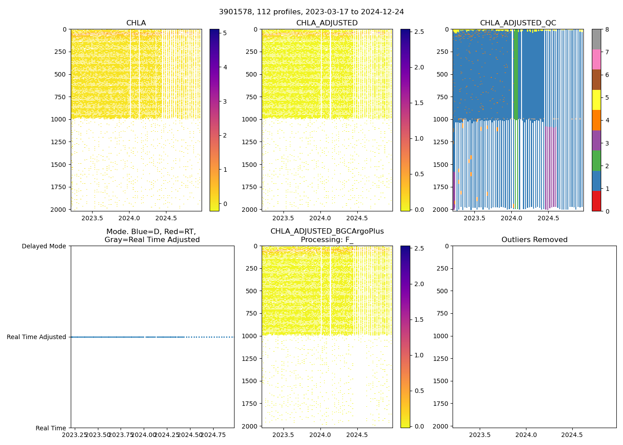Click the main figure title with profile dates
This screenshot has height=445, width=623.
pyautogui.click(x=311, y=12)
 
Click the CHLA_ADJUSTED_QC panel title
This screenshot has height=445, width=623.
pyautogui.click(x=518, y=23)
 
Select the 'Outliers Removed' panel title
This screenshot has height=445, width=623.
pyautogui.click(x=534, y=240)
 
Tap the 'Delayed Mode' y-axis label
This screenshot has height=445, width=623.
pyautogui.click(x=44, y=246)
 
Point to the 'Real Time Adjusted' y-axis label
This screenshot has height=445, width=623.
pyautogui.click(x=36, y=337)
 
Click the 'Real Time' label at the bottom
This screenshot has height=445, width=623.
pyautogui.click(x=51, y=428)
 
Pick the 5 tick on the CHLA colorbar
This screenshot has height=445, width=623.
pyautogui.click(x=225, y=33)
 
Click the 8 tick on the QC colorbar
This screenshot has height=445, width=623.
pyautogui.click(x=607, y=29)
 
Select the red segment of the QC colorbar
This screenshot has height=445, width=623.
pyautogui.click(x=596, y=201)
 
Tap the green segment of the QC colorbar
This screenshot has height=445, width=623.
pyautogui.click(x=596, y=161)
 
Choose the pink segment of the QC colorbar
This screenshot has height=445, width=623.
pyautogui.click(x=596, y=59)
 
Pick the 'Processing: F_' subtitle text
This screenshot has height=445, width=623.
pyautogui.click(x=327, y=240)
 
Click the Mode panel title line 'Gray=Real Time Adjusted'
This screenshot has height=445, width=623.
pyautogui.click(x=152, y=240)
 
